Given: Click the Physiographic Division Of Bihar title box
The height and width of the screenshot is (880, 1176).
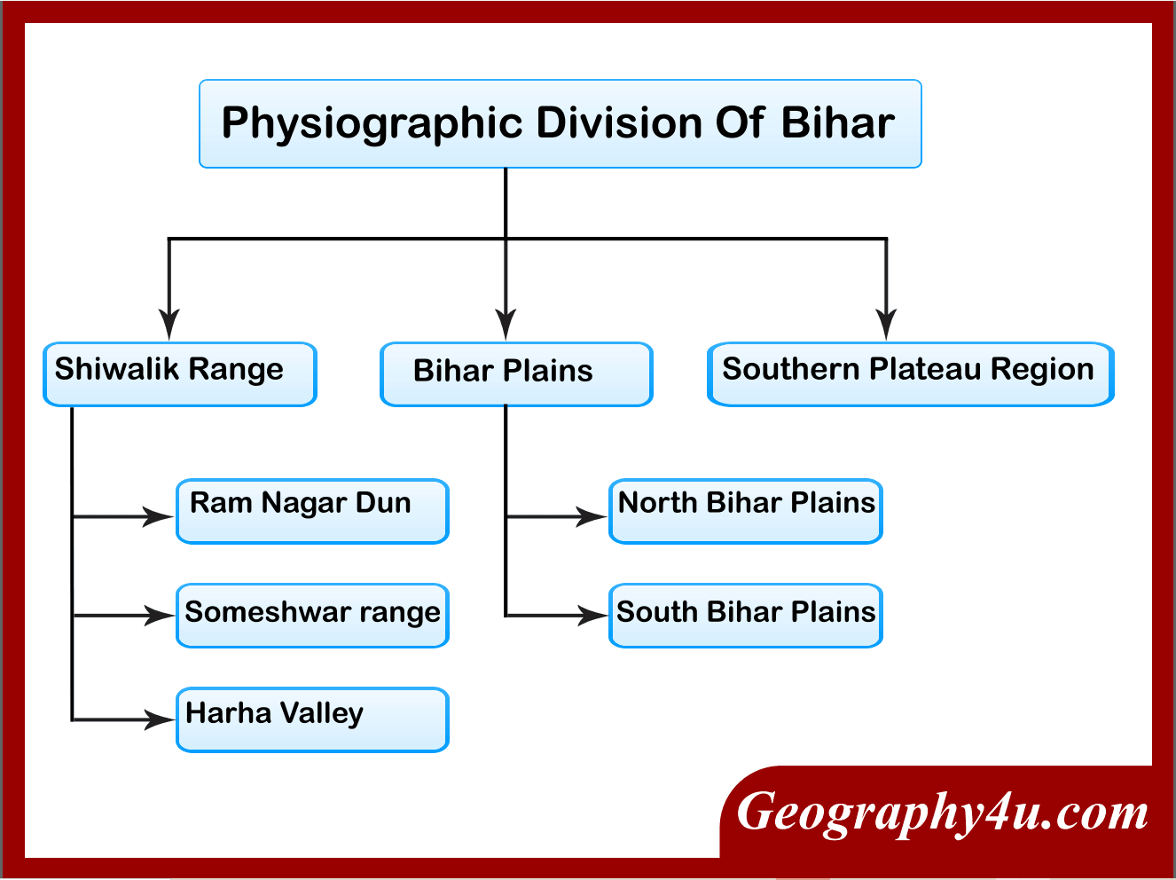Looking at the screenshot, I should (560, 124).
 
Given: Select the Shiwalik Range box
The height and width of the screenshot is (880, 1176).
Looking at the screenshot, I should (180, 373).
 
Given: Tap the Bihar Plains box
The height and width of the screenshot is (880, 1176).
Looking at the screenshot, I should (516, 373).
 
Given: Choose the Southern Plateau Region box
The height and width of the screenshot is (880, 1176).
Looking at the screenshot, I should (910, 373).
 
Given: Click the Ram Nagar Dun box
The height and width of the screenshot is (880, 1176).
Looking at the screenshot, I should (312, 511).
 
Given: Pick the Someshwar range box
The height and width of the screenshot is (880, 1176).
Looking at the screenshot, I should (312, 615).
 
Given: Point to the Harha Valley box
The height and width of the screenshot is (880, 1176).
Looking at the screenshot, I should (312, 719).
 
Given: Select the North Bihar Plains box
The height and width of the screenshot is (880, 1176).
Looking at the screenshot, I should (745, 511).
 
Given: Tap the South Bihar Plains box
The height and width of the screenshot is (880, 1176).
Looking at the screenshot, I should (745, 615).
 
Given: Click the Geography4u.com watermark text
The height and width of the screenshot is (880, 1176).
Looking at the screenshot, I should (942, 813).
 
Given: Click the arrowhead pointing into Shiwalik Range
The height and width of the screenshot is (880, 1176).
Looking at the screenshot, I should (169, 325).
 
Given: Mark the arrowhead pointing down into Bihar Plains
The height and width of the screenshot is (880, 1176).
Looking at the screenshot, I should (506, 325).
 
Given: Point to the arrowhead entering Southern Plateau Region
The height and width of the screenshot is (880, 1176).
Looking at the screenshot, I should (886, 325).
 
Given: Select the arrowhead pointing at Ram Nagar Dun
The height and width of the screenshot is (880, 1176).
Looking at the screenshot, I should (160, 515).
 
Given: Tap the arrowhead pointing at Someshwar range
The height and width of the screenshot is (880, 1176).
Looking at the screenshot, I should (160, 615).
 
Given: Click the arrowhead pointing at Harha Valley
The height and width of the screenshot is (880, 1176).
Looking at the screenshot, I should (160, 719).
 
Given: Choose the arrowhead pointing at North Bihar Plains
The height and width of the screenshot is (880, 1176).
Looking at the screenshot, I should (592, 515).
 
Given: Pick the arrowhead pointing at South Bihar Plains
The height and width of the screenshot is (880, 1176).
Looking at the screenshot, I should (592, 615).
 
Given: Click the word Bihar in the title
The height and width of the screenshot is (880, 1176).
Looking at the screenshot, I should (837, 123).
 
